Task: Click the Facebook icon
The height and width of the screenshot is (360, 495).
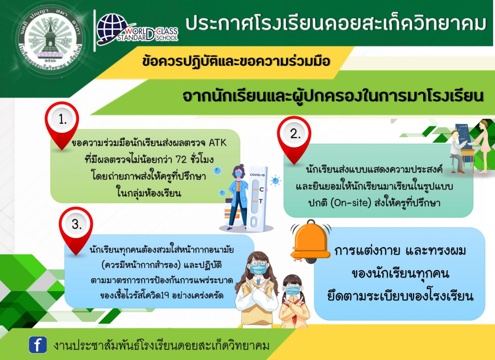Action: click(37, 345)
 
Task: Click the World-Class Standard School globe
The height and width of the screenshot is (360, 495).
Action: click(112, 28)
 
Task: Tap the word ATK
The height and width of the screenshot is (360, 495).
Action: click(218, 143)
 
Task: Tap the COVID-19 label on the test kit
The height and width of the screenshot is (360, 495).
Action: click(257, 175)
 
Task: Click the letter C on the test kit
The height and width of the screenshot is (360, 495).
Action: click(262, 189)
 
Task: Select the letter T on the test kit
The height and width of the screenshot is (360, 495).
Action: click(261, 201)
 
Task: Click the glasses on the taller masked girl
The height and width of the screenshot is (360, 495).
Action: click(257, 264)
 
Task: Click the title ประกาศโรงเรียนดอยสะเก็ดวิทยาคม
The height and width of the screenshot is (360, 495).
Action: click(336, 24)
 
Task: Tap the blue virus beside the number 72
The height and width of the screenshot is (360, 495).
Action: click(217, 170)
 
